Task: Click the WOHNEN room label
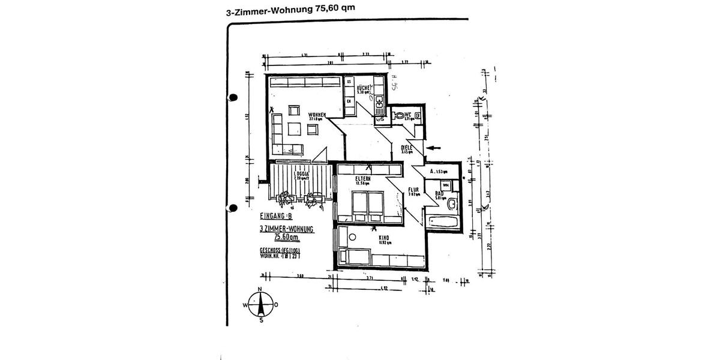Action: [317, 115]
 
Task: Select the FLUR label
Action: [413, 190]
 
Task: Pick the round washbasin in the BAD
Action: [452, 202]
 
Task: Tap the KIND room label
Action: [384, 239]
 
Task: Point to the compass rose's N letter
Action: [260, 289]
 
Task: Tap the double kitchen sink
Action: [379, 107]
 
